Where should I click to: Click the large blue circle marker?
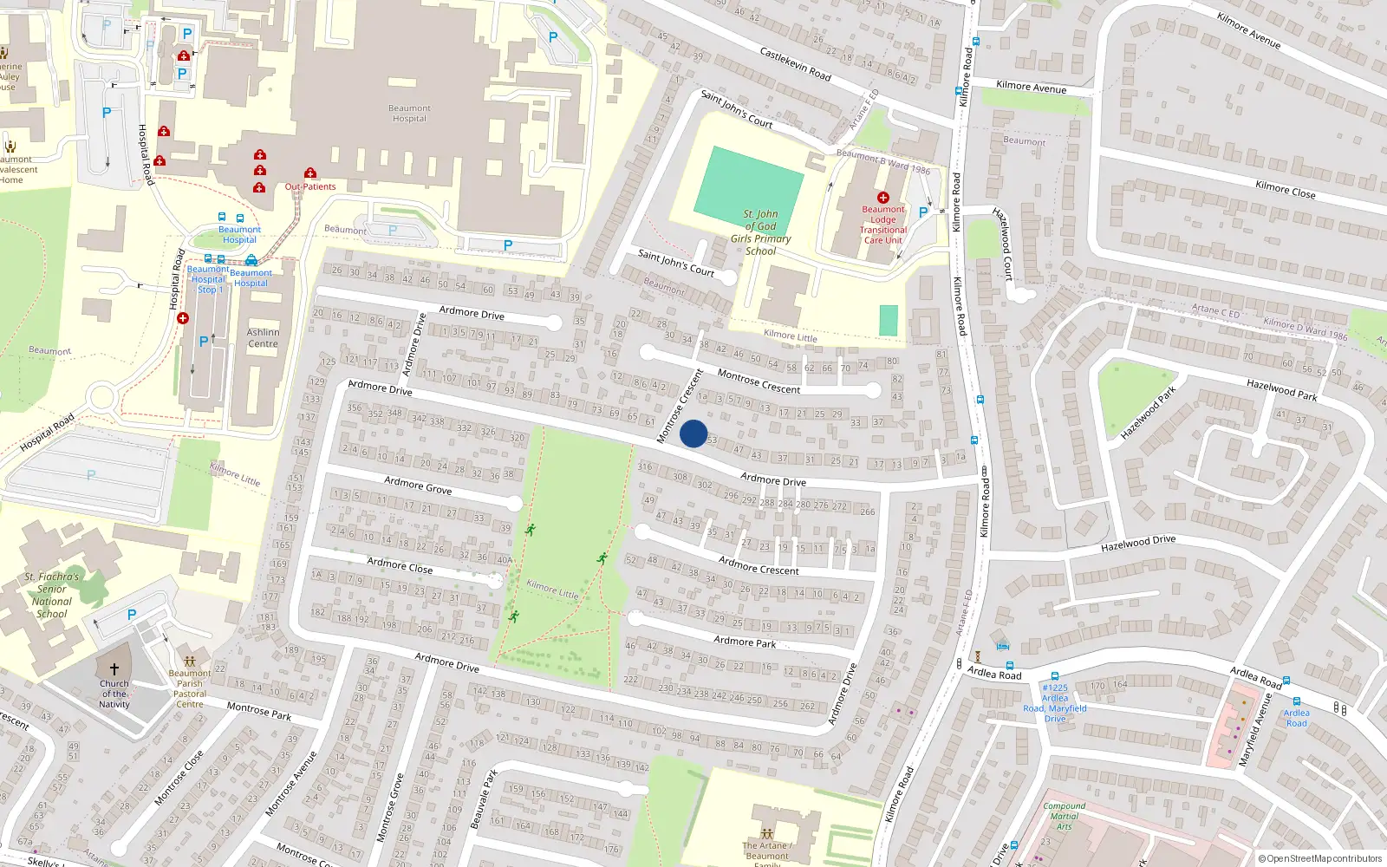tap(693, 433)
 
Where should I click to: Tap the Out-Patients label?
tap(310, 186)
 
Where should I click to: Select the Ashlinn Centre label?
tap(263, 338)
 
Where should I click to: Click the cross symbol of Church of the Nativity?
tap(114, 669)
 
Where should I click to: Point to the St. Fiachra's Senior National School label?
tap(52, 595)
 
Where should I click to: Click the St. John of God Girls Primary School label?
tap(760, 232)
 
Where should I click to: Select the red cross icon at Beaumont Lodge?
tap(882, 198)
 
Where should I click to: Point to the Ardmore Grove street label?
tap(418, 485)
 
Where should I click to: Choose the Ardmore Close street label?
tap(400, 565)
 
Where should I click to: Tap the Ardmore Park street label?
tap(745, 642)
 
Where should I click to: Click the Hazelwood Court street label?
tap(1004, 244)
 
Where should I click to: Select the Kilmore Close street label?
tap(1285, 189)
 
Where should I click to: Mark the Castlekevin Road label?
tap(795, 64)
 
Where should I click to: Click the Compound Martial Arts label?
tap(1064, 816)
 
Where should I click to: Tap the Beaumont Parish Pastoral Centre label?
tap(190, 688)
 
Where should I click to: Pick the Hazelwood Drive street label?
tap(1138, 543)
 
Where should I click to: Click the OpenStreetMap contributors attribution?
tap(1319, 858)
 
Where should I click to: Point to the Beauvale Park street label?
tap(484, 799)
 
